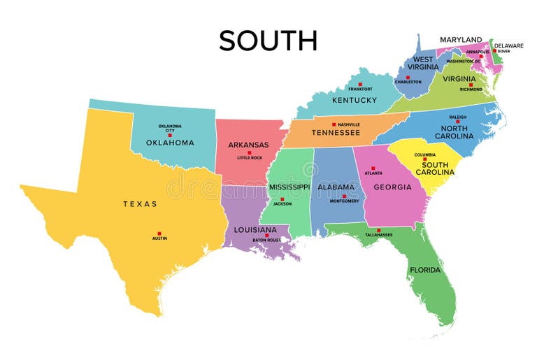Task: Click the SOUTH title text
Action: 268,41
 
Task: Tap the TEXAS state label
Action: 140,204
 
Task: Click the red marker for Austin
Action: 159,233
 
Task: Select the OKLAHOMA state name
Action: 170,143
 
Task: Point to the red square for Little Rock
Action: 250,152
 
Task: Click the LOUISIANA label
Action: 255,229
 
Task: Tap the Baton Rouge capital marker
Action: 266,236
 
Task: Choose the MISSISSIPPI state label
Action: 289,187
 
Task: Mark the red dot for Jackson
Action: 282,199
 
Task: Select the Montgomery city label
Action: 344,201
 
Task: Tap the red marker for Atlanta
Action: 373,168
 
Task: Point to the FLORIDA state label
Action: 425,270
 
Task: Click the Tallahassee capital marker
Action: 378,230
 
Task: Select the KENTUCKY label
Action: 355,100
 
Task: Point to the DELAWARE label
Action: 508,45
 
